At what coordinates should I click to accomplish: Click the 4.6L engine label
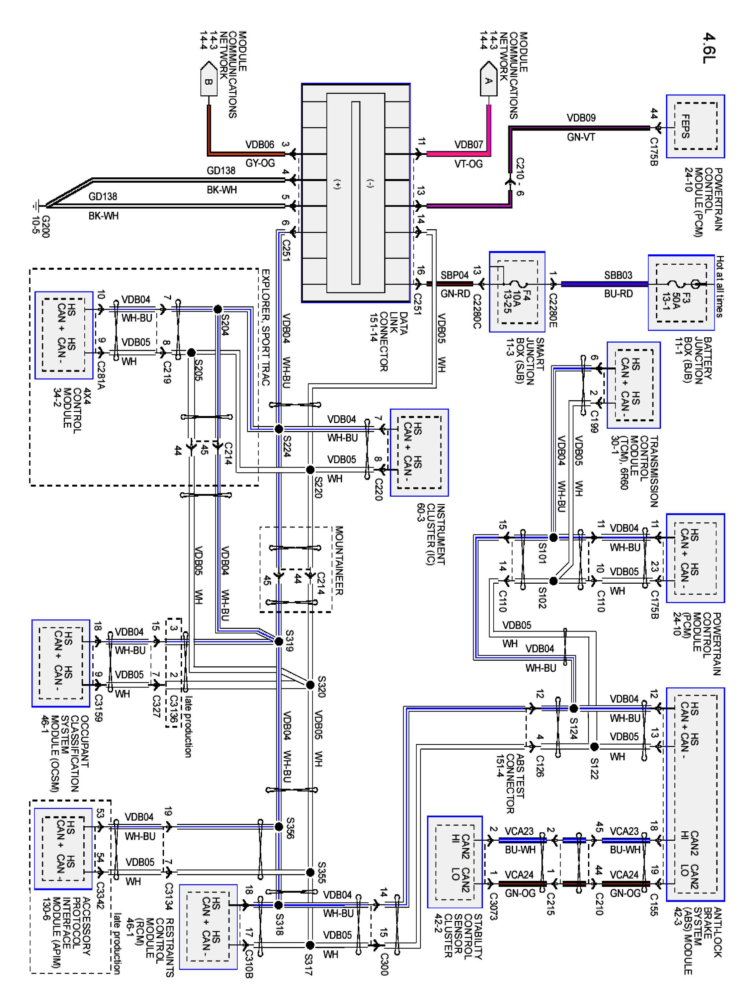(709, 48)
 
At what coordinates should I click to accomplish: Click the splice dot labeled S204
(218, 309)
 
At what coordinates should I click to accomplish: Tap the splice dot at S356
(279, 827)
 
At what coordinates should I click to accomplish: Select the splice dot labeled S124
(574, 708)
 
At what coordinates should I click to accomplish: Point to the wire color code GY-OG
(260, 163)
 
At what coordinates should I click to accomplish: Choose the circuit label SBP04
(454, 275)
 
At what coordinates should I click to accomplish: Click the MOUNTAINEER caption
(339, 560)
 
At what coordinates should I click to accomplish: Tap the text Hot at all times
(720, 286)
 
